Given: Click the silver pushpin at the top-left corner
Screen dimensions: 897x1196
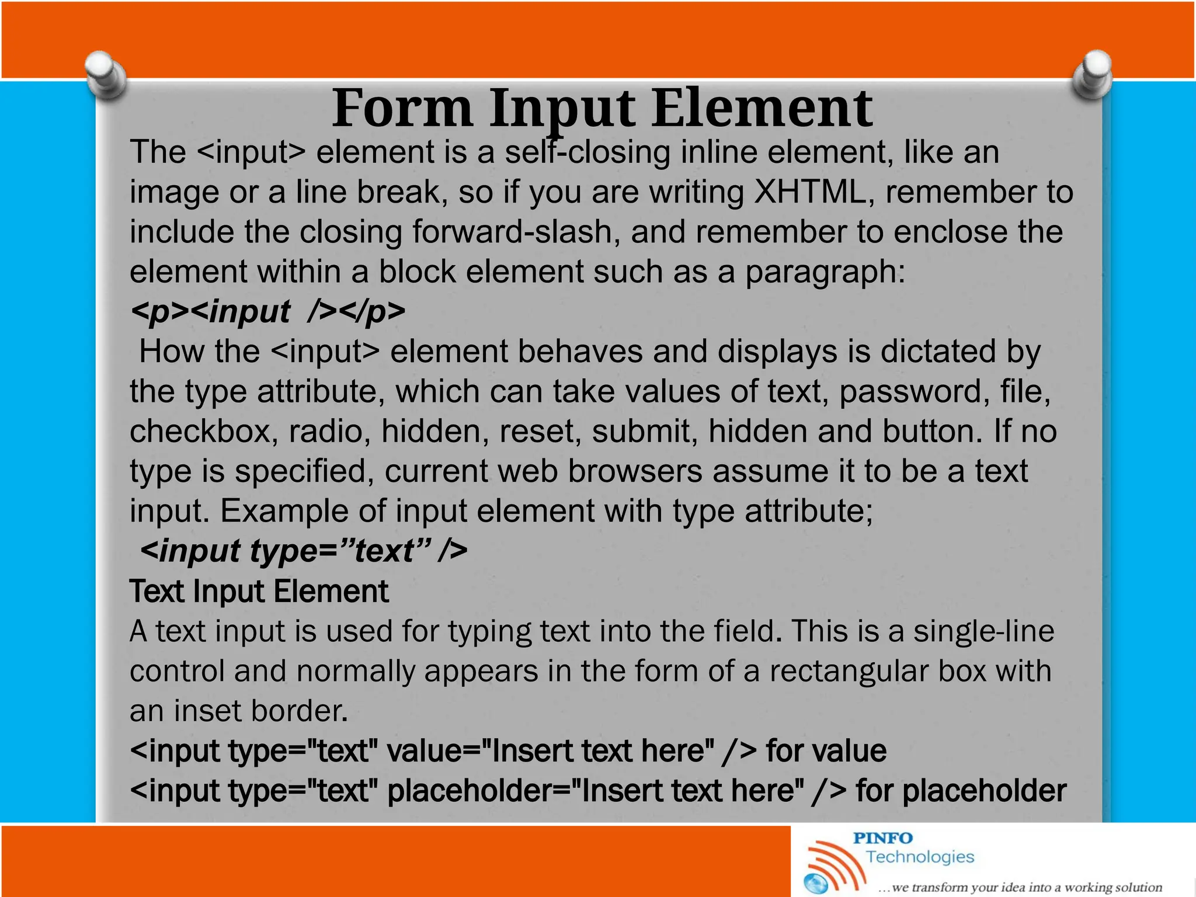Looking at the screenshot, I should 105,75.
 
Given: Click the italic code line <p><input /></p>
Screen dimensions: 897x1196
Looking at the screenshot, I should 267,311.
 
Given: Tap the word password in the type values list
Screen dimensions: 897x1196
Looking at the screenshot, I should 914,391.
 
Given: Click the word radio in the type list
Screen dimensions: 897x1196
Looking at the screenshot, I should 329,432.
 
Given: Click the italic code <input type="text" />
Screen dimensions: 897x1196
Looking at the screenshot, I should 304,551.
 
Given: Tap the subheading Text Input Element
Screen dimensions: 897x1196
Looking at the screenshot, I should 259,591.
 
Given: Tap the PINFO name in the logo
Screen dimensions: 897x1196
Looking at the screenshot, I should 882,839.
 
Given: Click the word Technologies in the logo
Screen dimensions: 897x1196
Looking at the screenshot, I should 920,857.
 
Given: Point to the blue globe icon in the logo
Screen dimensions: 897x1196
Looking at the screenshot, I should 816,883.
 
